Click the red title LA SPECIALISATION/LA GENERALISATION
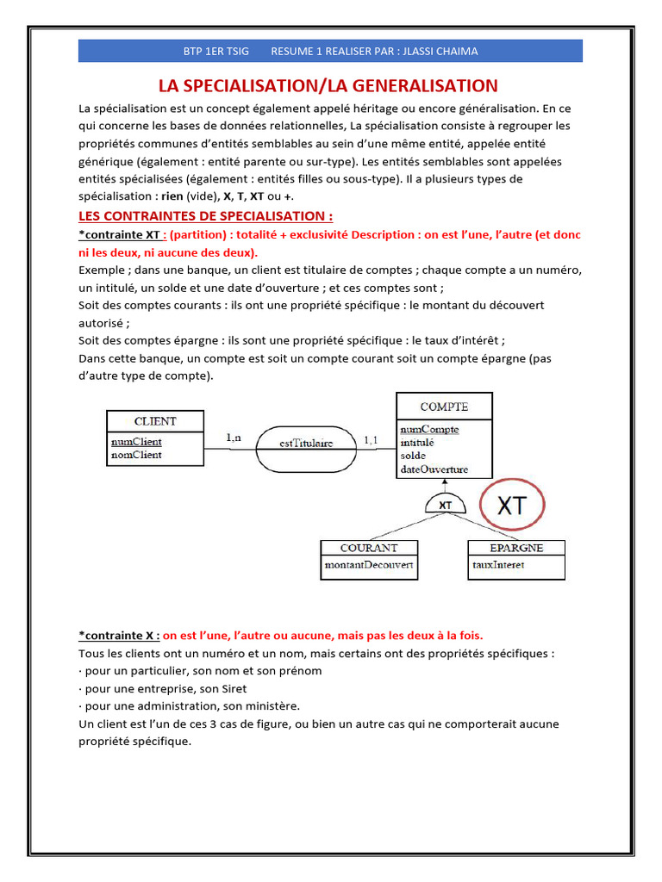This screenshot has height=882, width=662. [328, 85]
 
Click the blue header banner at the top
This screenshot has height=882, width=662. [330, 51]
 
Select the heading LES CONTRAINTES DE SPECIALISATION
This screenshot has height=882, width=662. [205, 215]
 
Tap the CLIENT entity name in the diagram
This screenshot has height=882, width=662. [155, 421]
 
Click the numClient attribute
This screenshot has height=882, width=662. [135, 442]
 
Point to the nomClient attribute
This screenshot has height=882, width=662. [136, 455]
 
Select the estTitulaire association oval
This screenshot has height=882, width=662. [307, 444]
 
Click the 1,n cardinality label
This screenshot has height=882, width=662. [234, 438]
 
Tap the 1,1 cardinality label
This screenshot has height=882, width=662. [371, 440]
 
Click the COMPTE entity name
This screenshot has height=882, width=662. [444, 407]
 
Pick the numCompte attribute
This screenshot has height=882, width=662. [429, 429]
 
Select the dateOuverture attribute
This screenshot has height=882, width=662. [434, 469]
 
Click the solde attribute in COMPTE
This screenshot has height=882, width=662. [413, 456]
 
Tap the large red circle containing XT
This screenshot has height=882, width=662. [512, 506]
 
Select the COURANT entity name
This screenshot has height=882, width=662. [369, 548]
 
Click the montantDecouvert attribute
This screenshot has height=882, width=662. [369, 565]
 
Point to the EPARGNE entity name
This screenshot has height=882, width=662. [516, 548]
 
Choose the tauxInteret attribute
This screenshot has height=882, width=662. [498, 565]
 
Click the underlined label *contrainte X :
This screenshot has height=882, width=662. [119, 635]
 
